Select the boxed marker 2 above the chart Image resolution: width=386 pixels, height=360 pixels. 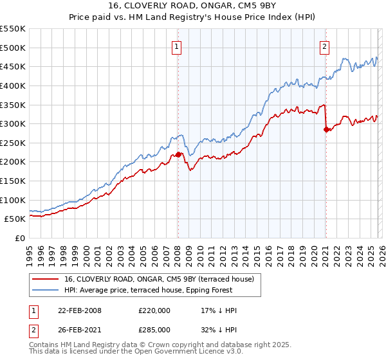(x=326, y=46)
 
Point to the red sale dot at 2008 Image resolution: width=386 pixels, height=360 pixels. (x=178, y=154)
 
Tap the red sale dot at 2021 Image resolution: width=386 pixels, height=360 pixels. (x=326, y=129)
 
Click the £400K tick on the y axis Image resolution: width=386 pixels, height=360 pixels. (x=13, y=85)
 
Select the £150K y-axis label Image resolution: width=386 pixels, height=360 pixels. (x=13, y=181)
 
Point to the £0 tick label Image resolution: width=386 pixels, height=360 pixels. (x=20, y=238)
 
